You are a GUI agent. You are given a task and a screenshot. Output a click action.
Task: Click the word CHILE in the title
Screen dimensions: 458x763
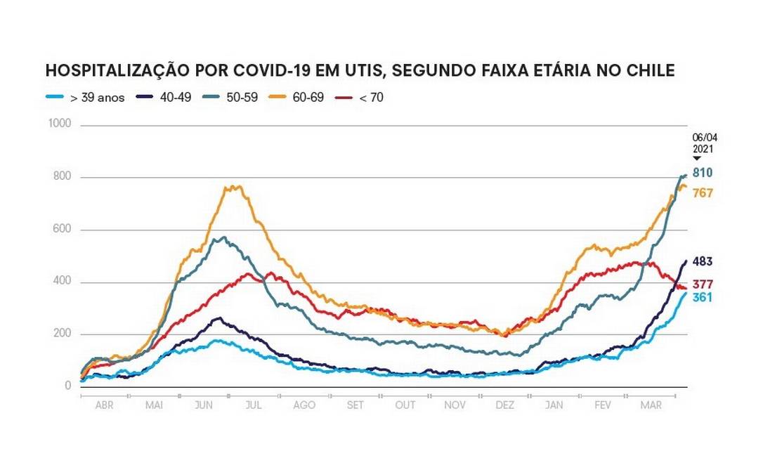coord(651,71)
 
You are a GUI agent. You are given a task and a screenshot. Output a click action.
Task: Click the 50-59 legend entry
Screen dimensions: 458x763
coord(245,98)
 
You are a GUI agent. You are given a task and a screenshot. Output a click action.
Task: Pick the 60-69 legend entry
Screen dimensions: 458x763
coord(308,98)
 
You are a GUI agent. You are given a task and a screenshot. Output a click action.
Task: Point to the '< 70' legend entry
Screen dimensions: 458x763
coord(371,98)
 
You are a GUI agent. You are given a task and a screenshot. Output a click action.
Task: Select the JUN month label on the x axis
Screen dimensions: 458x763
coord(204,406)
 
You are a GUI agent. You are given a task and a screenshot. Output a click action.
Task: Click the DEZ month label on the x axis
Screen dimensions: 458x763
coord(504,406)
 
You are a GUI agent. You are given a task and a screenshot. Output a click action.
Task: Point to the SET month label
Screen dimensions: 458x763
coord(355,406)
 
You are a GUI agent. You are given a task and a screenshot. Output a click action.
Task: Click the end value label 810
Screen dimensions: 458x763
coord(703,173)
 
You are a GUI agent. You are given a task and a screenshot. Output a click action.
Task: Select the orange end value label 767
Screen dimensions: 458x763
coord(703,192)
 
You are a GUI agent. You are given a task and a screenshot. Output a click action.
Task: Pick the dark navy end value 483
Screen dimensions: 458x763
coord(703,262)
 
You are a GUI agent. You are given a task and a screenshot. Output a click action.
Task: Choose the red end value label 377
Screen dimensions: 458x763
coord(703,284)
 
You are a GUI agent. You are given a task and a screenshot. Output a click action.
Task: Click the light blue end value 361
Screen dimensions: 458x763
coord(703,298)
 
